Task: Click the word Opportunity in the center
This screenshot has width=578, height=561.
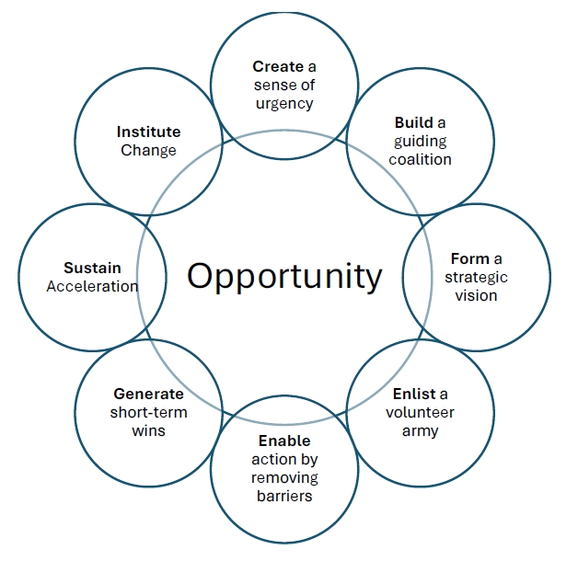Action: (284, 276)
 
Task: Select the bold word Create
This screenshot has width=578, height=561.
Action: (278, 66)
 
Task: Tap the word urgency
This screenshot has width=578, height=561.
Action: (284, 103)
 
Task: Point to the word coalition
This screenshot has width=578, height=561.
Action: (420, 159)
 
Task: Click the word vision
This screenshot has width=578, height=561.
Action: (476, 295)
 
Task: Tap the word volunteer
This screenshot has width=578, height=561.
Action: (420, 412)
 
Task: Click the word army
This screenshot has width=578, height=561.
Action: (420, 430)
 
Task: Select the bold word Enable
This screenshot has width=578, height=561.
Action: (284, 441)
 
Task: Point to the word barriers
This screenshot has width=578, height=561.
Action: (284, 497)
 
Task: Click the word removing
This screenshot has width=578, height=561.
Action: (284, 478)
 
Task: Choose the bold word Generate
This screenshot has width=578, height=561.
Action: (148, 394)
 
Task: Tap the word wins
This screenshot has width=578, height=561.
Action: (148, 430)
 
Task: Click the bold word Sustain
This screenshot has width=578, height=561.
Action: (92, 268)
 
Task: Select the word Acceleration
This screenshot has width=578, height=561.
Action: (92, 286)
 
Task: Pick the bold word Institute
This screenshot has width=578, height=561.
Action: (148, 132)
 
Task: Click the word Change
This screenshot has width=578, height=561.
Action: (148, 150)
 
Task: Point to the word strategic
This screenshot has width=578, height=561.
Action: (476, 277)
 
